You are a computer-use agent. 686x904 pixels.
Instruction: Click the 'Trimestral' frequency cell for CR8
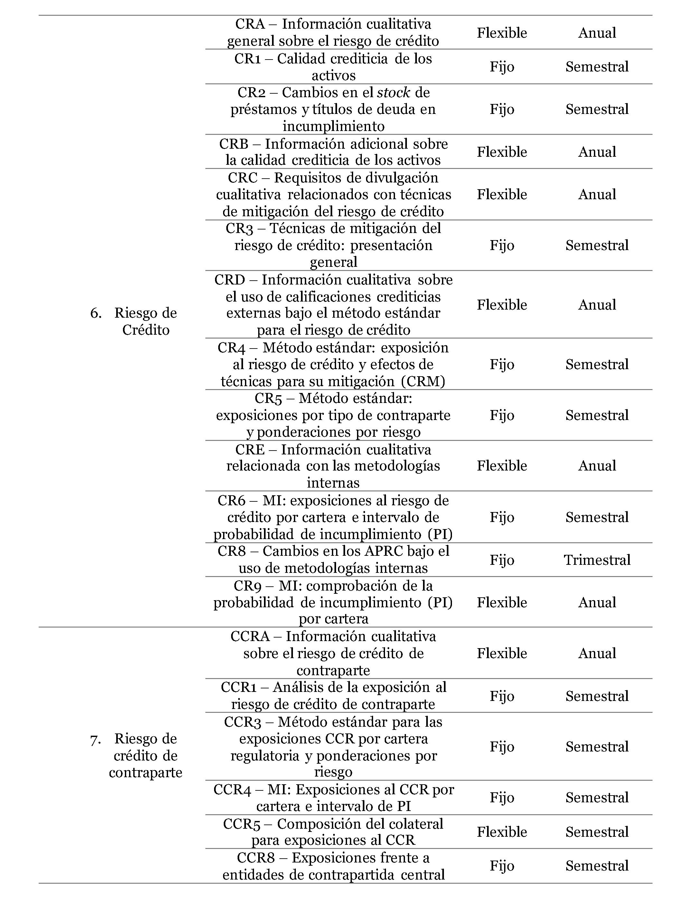(x=597, y=559)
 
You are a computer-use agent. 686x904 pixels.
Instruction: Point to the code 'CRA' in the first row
(x=250, y=24)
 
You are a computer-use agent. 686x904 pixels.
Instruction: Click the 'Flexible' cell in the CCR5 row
(x=502, y=831)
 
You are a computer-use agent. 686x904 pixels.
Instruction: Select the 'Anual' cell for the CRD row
(x=597, y=304)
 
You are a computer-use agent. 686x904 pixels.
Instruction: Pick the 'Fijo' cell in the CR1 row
(x=502, y=67)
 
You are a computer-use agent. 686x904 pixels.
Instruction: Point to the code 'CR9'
(x=247, y=586)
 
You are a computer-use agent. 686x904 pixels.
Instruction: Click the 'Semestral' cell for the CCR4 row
(x=597, y=797)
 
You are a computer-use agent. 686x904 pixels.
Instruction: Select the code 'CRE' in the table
(x=250, y=450)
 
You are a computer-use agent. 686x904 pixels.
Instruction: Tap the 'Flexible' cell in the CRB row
(x=502, y=152)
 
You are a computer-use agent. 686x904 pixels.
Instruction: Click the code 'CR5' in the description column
(x=268, y=398)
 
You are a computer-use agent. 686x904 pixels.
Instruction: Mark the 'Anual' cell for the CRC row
(x=597, y=194)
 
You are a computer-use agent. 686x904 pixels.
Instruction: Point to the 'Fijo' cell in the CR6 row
(x=502, y=517)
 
